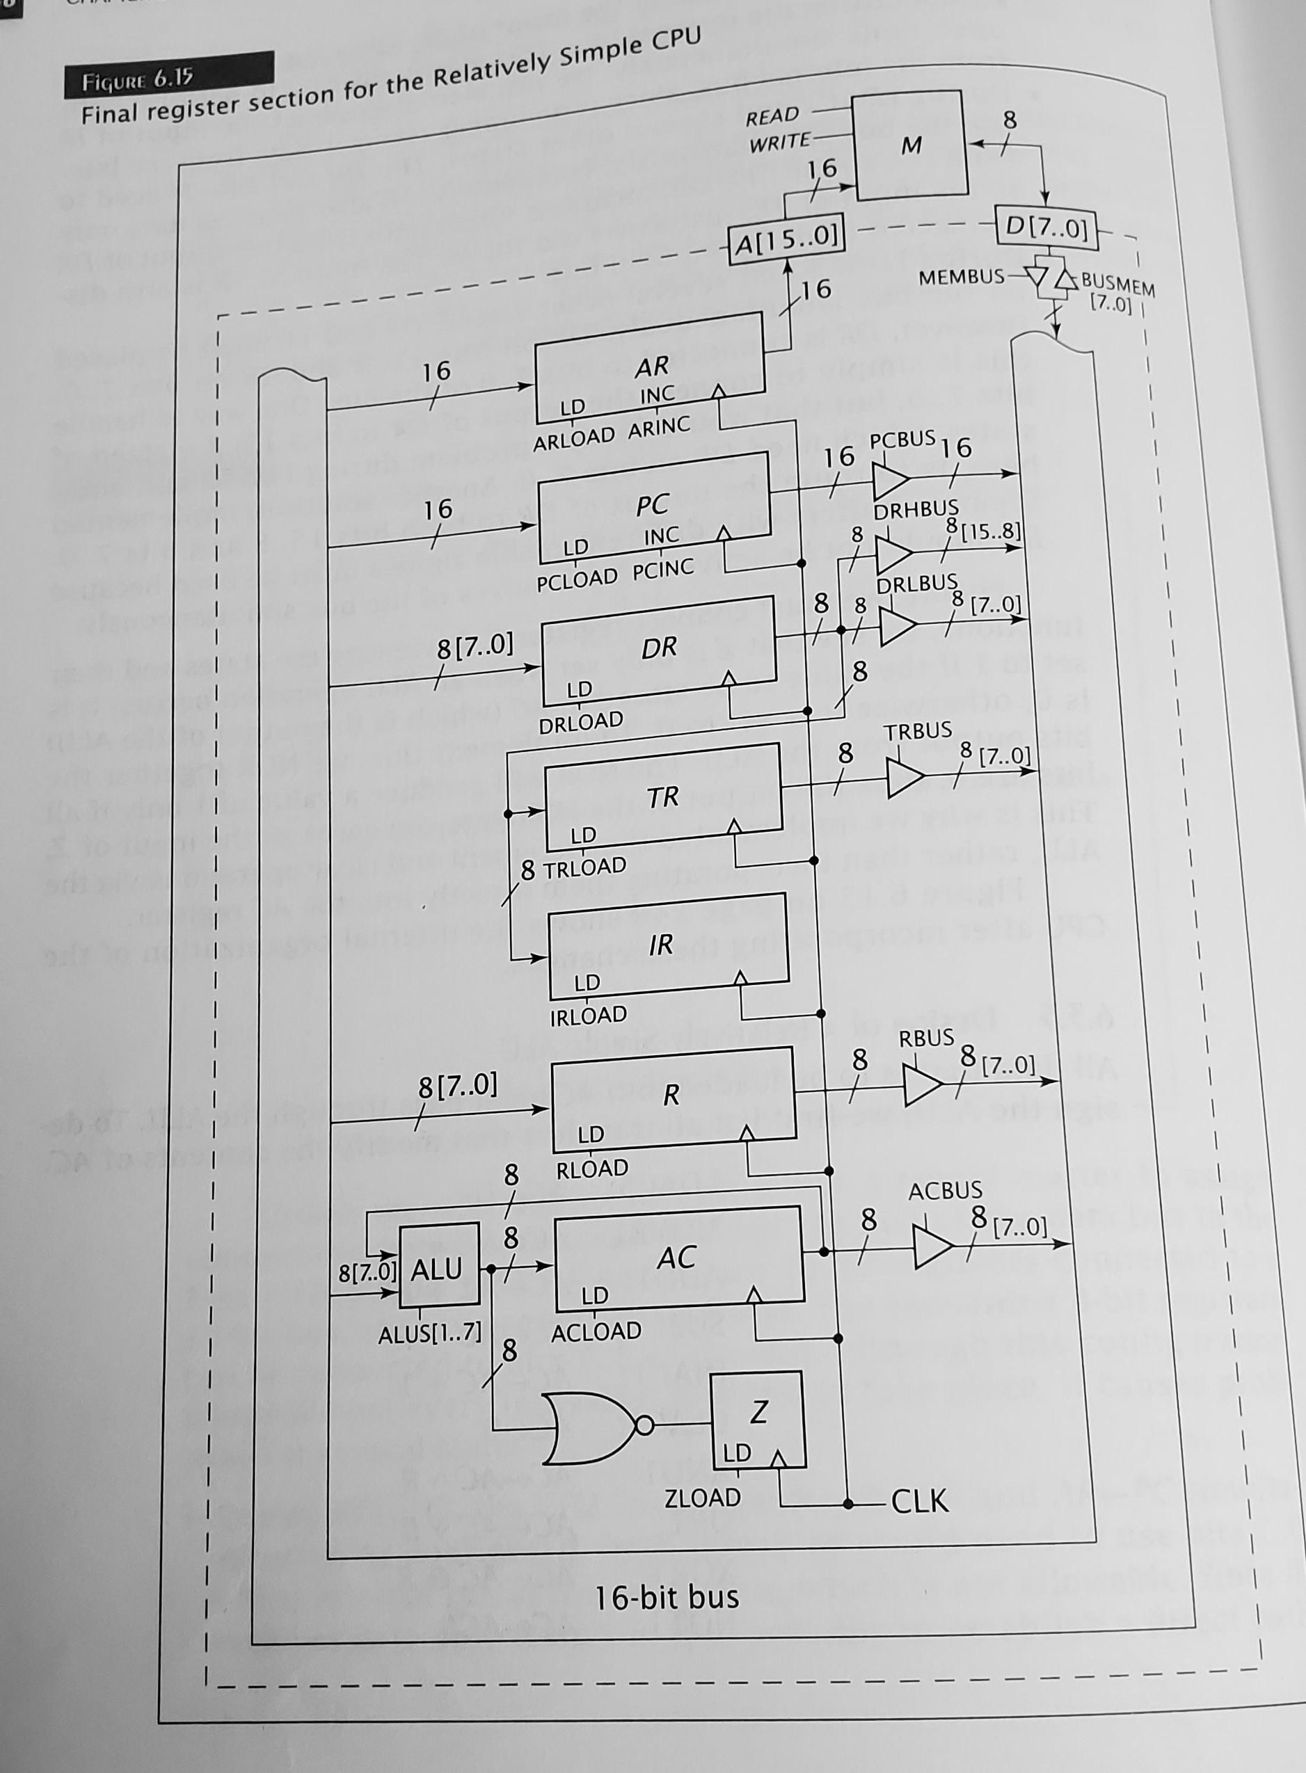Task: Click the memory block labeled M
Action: (x=911, y=145)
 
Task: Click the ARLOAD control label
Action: (x=573, y=438)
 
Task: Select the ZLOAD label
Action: (x=703, y=1498)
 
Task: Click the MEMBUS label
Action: (x=960, y=278)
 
